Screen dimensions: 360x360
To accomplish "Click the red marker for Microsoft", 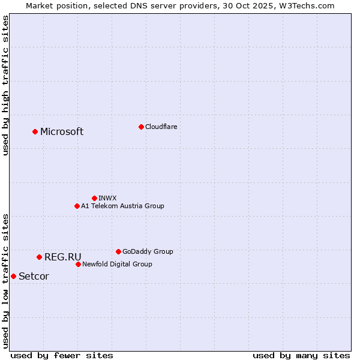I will (35, 131).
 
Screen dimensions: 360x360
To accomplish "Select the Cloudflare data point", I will (141, 127).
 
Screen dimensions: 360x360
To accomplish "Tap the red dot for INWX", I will (94, 198).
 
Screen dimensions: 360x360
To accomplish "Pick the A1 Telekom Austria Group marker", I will (77, 206).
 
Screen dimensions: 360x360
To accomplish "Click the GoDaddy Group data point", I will (118, 251).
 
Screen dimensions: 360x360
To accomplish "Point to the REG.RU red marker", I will (39, 257).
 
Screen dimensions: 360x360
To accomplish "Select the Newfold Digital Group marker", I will (78, 264).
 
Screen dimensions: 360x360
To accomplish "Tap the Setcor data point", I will (13, 276).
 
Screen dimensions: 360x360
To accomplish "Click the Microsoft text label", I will (62, 132).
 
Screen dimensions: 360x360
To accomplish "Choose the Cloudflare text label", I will (161, 127).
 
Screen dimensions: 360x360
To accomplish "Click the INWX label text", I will (107, 198).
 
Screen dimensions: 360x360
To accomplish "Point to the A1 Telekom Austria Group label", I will (122, 206).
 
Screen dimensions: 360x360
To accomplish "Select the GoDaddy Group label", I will (148, 251).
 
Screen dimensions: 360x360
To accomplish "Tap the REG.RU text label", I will (62, 257).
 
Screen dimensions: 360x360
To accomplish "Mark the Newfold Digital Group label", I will (117, 264).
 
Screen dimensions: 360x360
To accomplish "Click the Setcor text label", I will (34, 277).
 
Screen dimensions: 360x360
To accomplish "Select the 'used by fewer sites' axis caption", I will (62, 355).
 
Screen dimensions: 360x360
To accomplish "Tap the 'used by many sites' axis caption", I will (301, 355).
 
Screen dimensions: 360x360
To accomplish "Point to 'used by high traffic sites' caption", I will (5, 86).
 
